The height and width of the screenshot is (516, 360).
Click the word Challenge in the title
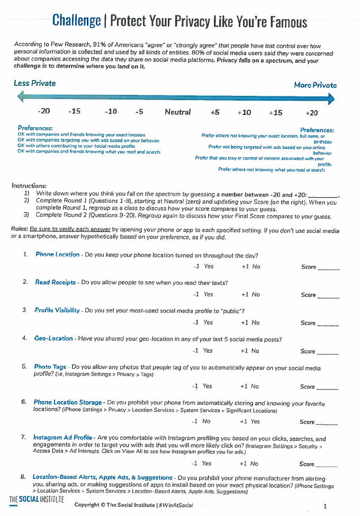[x=76, y=21]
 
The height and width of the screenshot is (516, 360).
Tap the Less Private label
[x=35, y=83]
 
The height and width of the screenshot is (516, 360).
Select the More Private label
[x=315, y=85]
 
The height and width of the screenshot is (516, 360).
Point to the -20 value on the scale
[x=44, y=112]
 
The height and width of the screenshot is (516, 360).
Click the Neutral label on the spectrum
[x=177, y=112]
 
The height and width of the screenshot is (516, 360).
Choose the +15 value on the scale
[x=275, y=112]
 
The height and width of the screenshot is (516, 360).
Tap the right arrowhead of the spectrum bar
[x=331, y=98]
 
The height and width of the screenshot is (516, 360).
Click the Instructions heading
[x=29, y=186]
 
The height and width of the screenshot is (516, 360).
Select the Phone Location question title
[x=57, y=255]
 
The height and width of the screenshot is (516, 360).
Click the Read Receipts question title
[x=55, y=282]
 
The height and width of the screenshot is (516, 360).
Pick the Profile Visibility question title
[x=57, y=310]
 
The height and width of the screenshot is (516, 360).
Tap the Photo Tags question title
[x=50, y=367]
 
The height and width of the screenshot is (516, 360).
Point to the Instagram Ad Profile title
[x=64, y=438]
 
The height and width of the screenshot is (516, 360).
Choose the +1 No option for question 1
[x=250, y=266]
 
